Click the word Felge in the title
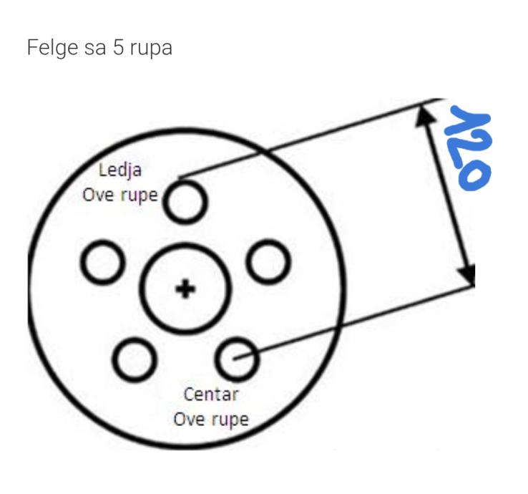[x=53, y=48]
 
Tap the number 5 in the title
[x=118, y=47]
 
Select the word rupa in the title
[x=151, y=49]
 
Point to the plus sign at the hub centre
[x=185, y=289]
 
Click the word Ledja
[x=120, y=170]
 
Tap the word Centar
[x=211, y=394]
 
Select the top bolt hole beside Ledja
[x=166, y=202]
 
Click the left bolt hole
[x=83, y=263]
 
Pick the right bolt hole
[x=249, y=262]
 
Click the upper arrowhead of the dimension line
[x=424, y=116]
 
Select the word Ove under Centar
[x=190, y=420]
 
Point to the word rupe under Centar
[x=230, y=420]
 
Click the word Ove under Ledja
[x=98, y=195]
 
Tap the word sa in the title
[x=95, y=49]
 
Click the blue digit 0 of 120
[x=475, y=175]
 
